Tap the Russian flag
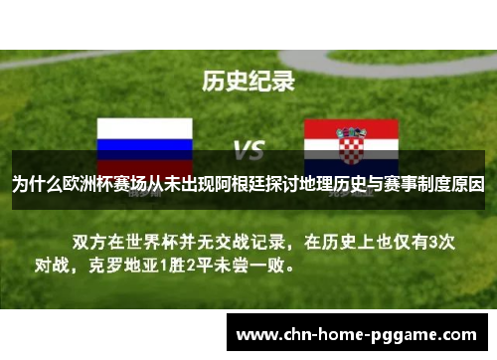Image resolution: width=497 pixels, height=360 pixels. pyautogui.click(x=144, y=138)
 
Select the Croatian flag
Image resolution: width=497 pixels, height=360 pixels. pyautogui.click(x=353, y=138)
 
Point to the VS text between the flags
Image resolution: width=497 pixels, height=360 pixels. pyautogui.click(x=248, y=150)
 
